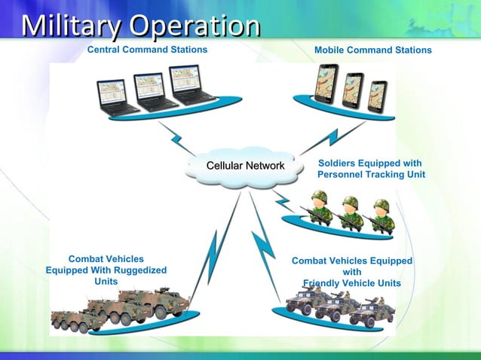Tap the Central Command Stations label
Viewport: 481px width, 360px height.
click(147, 50)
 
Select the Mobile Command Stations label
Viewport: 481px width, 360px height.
click(373, 50)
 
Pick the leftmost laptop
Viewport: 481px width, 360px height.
click(116, 97)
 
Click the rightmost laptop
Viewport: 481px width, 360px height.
click(190, 84)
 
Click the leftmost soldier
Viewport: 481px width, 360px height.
click(320, 208)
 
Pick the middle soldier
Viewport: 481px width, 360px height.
click(350, 211)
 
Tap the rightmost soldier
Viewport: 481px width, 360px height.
click(380, 215)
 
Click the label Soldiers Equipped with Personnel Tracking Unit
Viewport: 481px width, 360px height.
click(371, 169)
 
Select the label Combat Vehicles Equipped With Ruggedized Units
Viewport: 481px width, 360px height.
click(106, 270)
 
